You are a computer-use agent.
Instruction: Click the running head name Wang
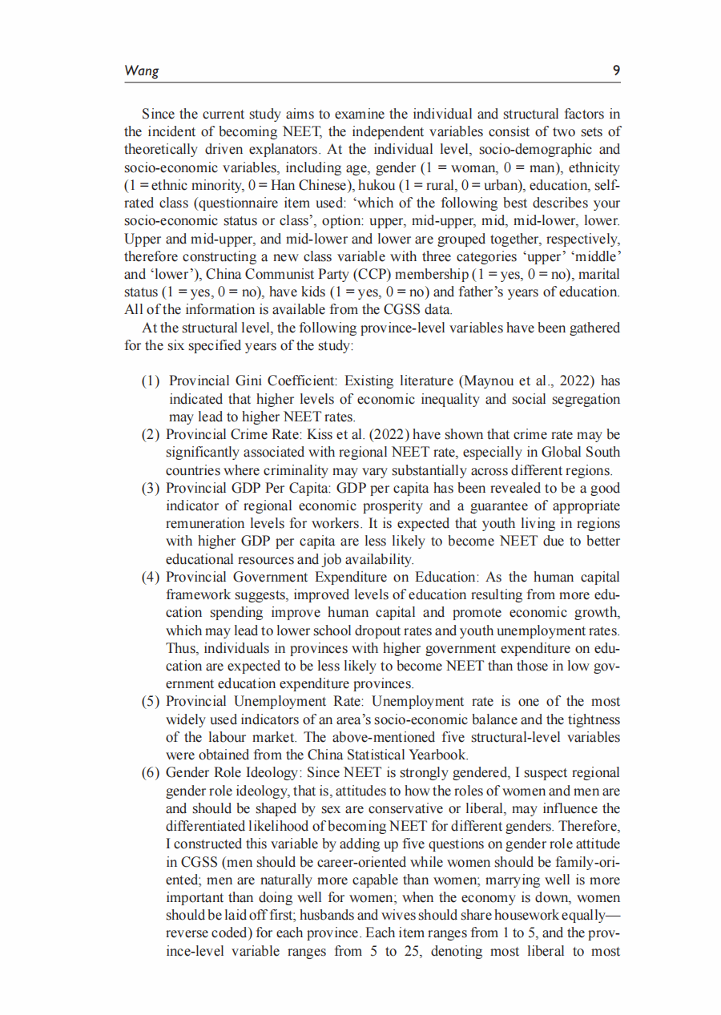(142, 70)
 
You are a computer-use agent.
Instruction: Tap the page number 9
(616, 70)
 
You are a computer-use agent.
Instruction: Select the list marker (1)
(151, 380)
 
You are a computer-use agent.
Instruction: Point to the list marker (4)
(151, 577)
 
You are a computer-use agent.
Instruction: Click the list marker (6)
(151, 773)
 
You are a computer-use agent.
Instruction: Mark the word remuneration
(206, 524)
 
